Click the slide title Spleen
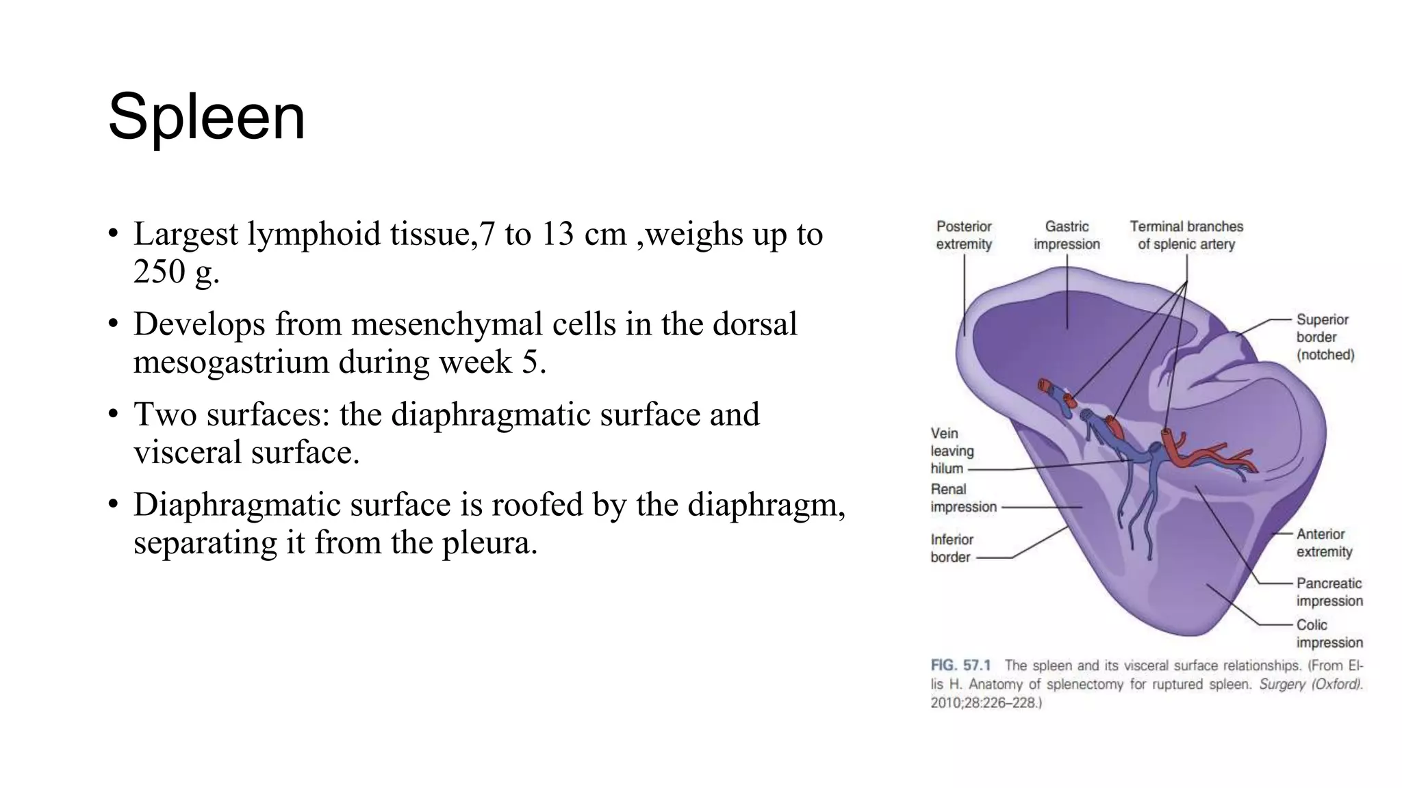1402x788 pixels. pos(206,117)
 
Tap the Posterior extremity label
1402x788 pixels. pos(963,235)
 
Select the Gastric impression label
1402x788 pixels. pos(1067,235)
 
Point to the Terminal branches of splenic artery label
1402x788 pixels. pos(1186,235)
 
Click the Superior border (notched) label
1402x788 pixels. pos(1325,337)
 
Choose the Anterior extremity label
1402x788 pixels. pos(1324,543)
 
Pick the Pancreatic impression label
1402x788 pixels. pos(1329,592)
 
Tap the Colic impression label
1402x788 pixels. pos(1329,634)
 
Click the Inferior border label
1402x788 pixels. pos(951,549)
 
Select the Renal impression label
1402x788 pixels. pos(963,498)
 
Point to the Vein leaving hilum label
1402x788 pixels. pos(951,451)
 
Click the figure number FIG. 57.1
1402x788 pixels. pos(960,666)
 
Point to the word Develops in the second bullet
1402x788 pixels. pos(199,324)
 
